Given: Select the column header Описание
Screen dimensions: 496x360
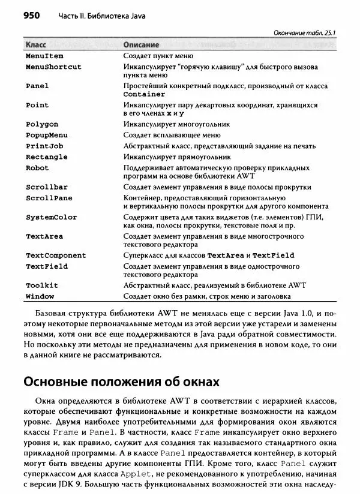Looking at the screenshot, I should (x=141, y=45).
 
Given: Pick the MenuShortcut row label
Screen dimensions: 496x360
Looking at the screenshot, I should (x=53, y=67).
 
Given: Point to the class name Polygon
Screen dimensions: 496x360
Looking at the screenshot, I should (x=42, y=124).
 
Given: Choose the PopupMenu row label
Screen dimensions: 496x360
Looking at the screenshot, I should (x=47, y=135).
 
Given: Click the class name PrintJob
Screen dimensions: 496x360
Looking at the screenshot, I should (x=44, y=146).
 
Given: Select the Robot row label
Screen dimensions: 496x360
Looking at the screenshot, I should (x=37, y=169).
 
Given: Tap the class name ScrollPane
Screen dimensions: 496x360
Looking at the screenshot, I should (x=49, y=198).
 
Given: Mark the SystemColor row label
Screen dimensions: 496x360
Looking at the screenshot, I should (x=51, y=217).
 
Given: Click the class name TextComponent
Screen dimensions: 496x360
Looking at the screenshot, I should (x=56, y=255).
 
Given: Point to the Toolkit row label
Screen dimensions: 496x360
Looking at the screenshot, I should (x=42, y=285).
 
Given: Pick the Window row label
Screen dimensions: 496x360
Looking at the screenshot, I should (x=40, y=296).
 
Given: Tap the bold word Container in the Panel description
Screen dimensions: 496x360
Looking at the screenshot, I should (x=144, y=94).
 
